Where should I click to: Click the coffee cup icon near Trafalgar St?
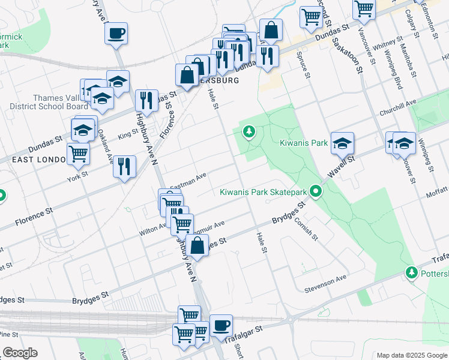(221, 325)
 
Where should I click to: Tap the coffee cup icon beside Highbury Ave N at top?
(116, 33)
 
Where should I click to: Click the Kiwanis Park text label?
(304, 143)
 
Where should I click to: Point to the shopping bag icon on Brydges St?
(197, 245)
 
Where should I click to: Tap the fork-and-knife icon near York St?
(124, 166)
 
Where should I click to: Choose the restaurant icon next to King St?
(146, 100)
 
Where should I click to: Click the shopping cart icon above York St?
(78, 154)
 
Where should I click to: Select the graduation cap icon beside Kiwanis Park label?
(343, 143)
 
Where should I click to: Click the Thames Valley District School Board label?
(52, 102)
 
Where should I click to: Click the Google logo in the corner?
(20, 353)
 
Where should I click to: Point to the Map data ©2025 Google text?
(411, 355)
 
